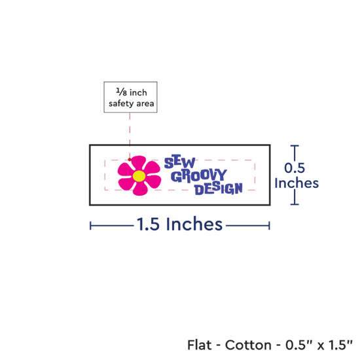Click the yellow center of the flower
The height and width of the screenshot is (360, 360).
coord(139,176)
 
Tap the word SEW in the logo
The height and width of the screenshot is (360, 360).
coord(180,162)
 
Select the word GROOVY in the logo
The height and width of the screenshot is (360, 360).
coord(199,176)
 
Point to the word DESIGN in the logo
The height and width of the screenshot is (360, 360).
coord(219,189)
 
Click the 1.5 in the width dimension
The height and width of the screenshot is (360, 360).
coord(148,224)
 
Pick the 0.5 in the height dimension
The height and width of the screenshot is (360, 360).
coord(295,168)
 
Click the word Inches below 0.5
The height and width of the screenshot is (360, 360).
coord(297,183)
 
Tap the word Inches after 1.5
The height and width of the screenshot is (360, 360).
coord(194,224)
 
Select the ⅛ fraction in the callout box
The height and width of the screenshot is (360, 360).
coord(122,92)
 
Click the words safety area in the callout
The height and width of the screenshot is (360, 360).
coord(132,103)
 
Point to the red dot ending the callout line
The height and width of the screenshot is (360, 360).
coord(130,159)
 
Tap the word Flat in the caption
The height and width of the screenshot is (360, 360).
coord(199,345)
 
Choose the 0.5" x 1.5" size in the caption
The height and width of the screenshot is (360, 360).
coord(319,345)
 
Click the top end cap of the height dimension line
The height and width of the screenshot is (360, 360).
coord(295,145)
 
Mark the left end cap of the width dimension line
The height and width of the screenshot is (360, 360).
coord(90,226)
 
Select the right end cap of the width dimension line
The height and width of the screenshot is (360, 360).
coord(269,226)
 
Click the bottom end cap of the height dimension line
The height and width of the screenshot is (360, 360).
coord(295,204)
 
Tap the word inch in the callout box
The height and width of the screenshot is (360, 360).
coord(138,92)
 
